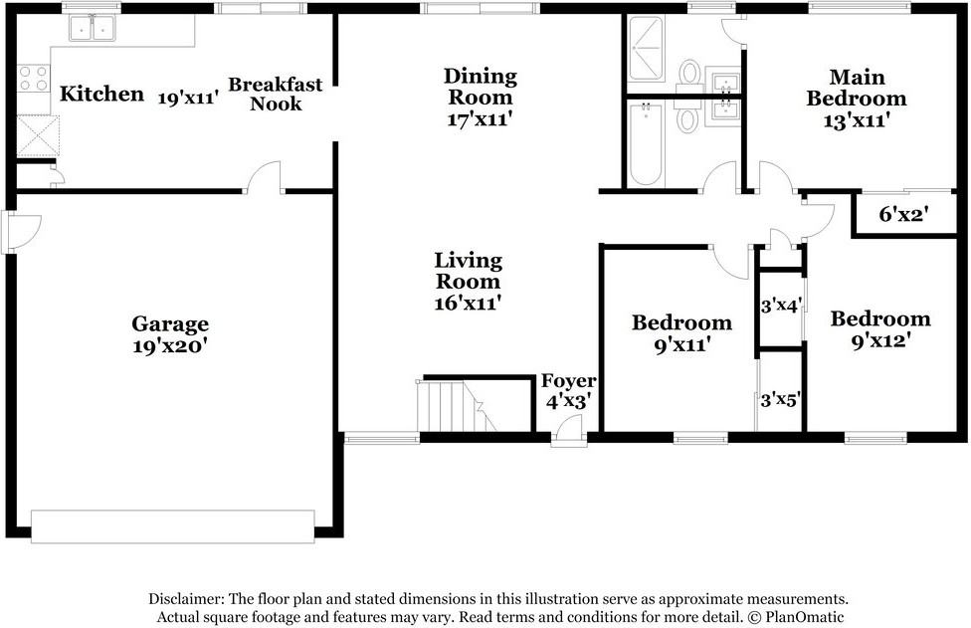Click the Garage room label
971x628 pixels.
(170, 323)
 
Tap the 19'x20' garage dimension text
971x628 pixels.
(170, 346)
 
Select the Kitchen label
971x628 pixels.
(101, 95)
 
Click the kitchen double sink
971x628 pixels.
(92, 28)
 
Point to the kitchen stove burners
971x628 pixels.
(33, 79)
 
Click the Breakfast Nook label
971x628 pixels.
(276, 94)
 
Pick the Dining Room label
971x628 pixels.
(481, 86)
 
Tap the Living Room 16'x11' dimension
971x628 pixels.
(468, 302)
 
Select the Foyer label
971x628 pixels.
(568, 381)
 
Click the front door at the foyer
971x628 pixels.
(568, 430)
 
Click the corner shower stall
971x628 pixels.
(650, 50)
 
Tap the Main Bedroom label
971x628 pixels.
(856, 88)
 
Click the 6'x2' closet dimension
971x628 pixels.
(904, 213)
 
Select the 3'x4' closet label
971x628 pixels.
(781, 306)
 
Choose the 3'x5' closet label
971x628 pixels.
(781, 401)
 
